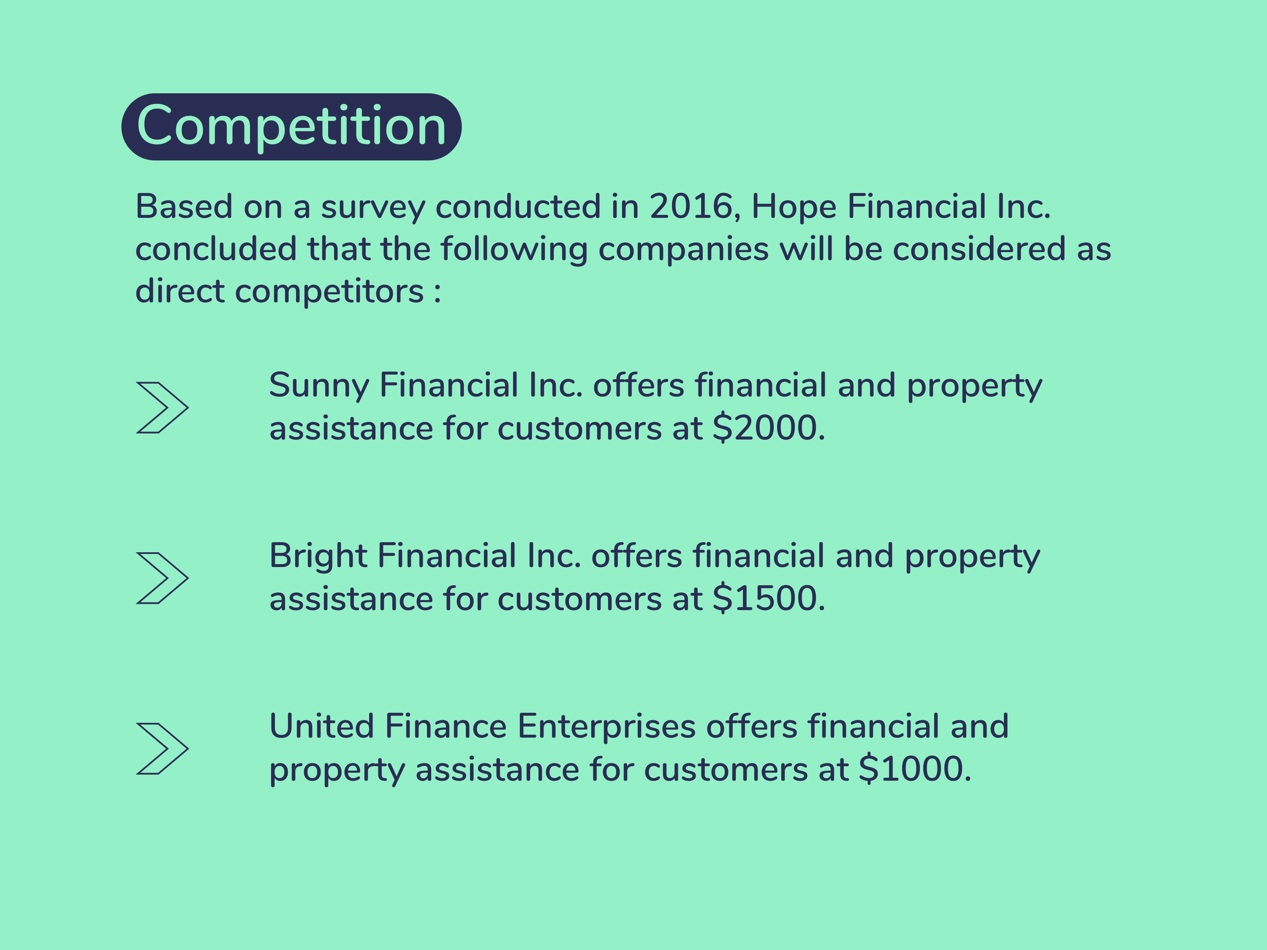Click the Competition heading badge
coord(291,127)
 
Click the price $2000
coord(769,428)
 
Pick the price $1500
coord(769,598)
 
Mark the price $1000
coord(915,769)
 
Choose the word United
coord(322,726)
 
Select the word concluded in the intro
coord(216,249)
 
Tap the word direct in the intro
coord(180,291)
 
